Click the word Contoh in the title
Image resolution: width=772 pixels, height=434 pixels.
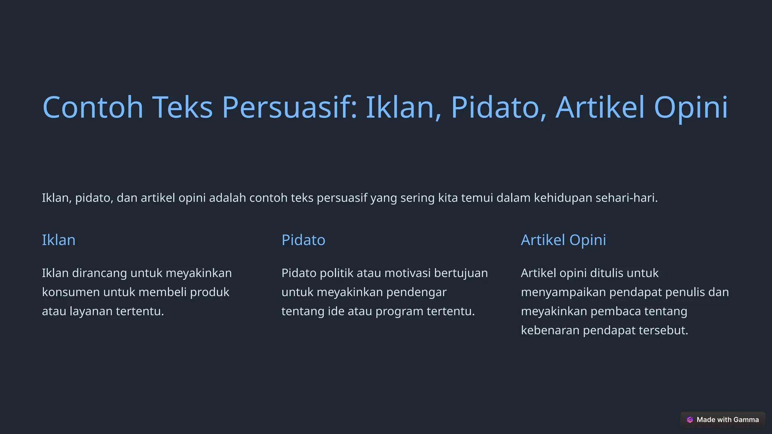point(93,107)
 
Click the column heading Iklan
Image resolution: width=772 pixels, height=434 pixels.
point(58,240)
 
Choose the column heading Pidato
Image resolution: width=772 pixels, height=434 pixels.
point(303,240)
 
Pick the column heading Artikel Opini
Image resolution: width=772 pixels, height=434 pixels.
point(563,240)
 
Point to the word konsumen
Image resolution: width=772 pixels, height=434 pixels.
point(70,292)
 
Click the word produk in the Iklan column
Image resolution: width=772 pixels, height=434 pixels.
point(210,292)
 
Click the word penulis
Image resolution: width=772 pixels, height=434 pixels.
point(684,292)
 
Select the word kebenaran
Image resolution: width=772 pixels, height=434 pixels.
point(550,330)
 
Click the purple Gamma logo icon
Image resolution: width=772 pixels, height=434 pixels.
point(689,420)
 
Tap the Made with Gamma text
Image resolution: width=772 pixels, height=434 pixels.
point(728,420)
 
